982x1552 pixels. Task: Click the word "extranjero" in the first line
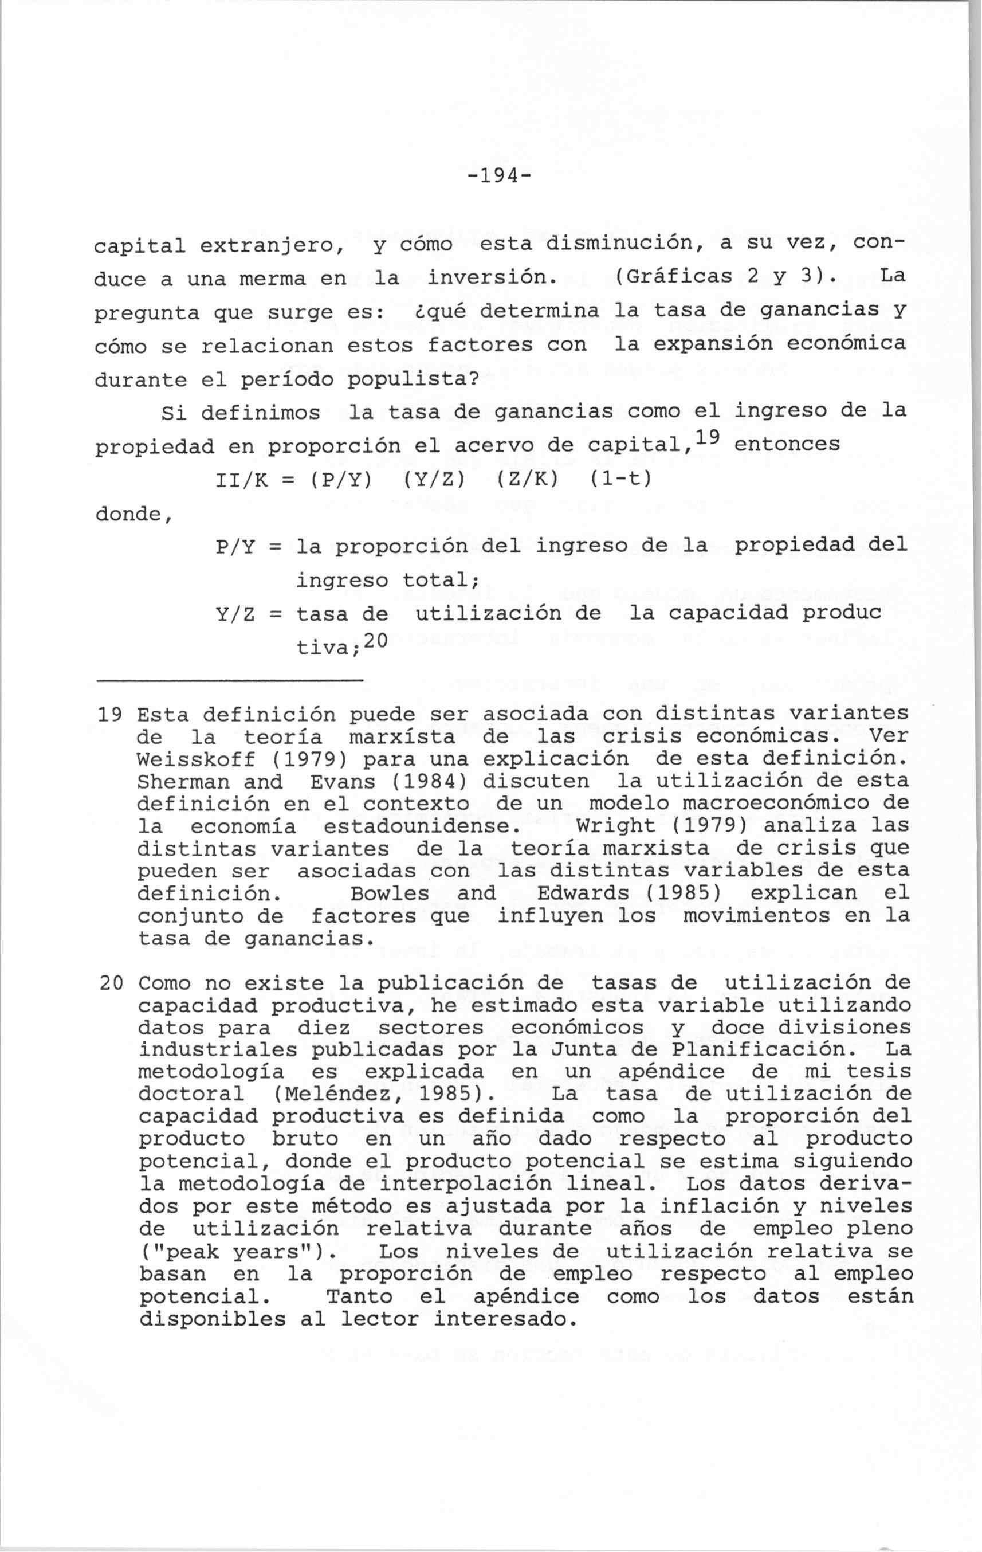(267, 245)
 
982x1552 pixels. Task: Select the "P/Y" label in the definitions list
(233, 547)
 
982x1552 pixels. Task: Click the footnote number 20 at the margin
(112, 983)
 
